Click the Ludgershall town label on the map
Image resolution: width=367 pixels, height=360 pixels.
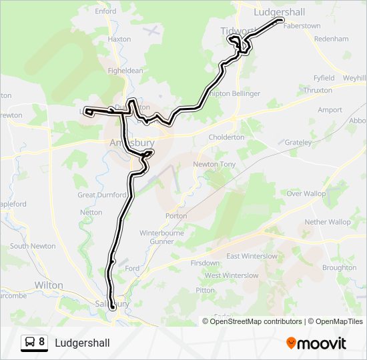(280, 12)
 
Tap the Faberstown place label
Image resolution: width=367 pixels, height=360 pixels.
(302, 26)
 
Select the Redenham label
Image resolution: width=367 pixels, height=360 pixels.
(331, 39)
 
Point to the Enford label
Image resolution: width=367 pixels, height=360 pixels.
(105, 11)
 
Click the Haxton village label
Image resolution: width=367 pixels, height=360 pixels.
(119, 39)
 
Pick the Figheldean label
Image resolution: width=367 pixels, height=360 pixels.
(125, 71)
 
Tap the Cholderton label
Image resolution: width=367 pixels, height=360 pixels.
(227, 137)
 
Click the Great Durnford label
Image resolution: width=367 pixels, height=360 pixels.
(102, 195)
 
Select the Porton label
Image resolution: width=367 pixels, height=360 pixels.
(176, 216)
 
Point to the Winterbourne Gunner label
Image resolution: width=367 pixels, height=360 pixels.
(160, 237)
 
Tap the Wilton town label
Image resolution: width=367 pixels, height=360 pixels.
(48, 285)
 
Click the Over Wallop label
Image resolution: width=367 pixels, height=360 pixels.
(306, 193)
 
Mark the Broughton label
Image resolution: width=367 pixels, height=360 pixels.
(339, 268)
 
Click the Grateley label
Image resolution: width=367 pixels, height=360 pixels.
(298, 143)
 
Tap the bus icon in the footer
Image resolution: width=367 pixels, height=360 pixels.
(30, 343)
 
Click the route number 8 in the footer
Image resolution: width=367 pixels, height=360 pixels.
(41, 342)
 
